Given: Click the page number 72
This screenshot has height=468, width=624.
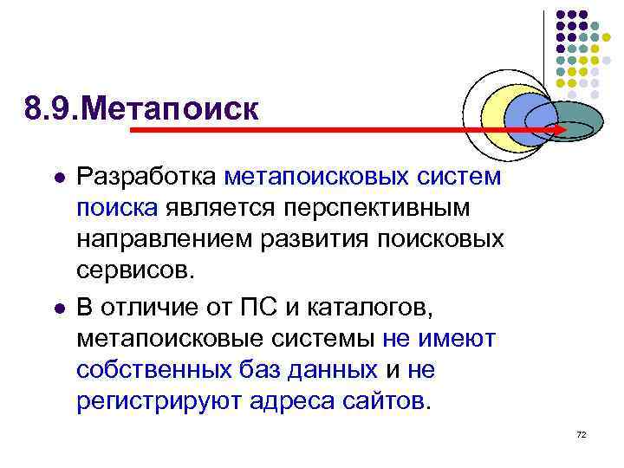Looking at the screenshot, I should click(581, 433).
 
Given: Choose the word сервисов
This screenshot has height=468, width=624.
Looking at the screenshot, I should click(130, 270).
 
